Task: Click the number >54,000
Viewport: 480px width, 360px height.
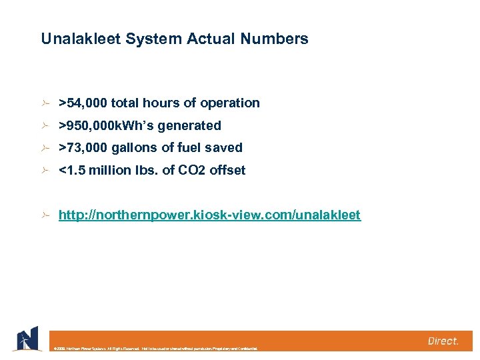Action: click(83, 103)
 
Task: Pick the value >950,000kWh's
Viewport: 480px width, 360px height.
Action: click(106, 125)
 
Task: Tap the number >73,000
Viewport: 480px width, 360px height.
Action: click(83, 147)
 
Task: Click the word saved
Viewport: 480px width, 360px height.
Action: click(224, 147)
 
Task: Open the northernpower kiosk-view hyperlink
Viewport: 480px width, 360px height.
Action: click(209, 215)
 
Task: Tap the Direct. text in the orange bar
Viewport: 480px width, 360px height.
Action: click(443, 341)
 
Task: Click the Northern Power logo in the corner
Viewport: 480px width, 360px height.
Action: click(26, 339)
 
